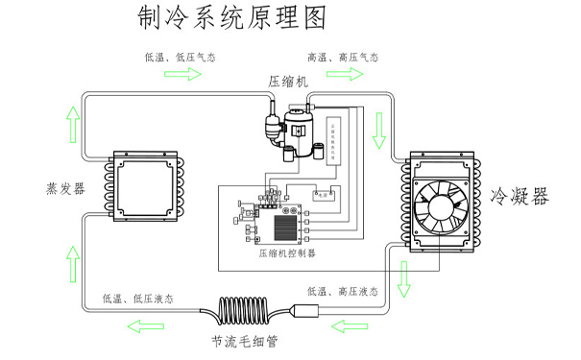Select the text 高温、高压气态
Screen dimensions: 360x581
click(342, 58)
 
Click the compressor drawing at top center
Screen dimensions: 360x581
click(288, 127)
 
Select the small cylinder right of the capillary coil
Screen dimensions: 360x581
click(306, 311)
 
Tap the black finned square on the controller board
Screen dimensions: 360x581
click(285, 228)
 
